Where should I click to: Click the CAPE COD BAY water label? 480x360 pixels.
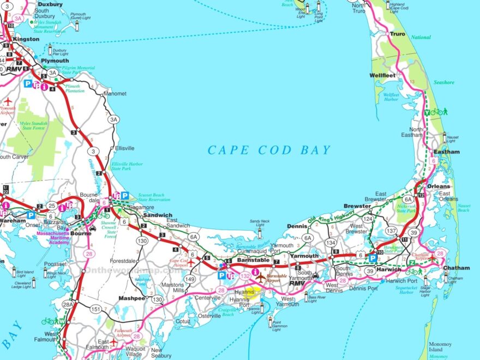pyautogui.click(x=269, y=150)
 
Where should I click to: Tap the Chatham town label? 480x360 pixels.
pyautogui.click(x=456, y=268)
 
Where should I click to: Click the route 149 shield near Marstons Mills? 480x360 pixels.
pyautogui.click(x=190, y=280)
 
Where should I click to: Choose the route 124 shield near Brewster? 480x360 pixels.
pyautogui.click(x=369, y=219)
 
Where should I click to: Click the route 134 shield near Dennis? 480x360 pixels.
pyautogui.click(x=330, y=242)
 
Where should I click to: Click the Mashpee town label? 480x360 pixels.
pyautogui.click(x=131, y=298)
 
